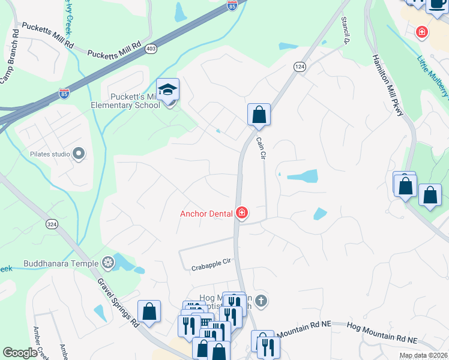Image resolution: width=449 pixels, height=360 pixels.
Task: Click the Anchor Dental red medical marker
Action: pos(242,213)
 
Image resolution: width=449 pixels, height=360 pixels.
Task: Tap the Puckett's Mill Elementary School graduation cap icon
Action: pos(168,91)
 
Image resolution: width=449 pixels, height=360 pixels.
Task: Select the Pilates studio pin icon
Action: pos(79,154)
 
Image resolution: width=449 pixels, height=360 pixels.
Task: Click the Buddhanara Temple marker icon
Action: pos(108,262)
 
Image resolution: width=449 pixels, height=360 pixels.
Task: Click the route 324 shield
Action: pos(52,224)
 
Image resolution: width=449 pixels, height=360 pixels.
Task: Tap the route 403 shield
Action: pos(151,48)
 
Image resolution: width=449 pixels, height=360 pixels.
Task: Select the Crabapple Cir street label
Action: pos(211,268)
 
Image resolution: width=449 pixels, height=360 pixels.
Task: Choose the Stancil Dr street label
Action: pos(345,29)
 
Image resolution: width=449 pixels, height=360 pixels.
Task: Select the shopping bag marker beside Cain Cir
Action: pos(259,114)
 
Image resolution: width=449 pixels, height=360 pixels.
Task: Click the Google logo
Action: pos(19,353)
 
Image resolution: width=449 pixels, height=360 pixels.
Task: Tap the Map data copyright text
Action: pos(424,355)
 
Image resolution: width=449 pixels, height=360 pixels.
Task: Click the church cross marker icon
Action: pos(260,300)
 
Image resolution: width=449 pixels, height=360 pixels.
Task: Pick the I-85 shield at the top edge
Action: pos(232,5)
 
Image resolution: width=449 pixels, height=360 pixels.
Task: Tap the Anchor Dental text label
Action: pos(207,213)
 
